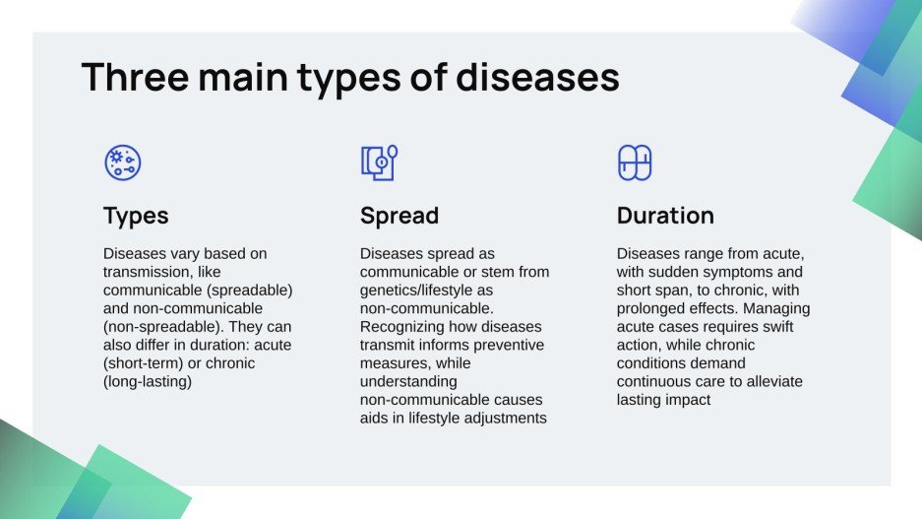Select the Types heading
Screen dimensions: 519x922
tap(136, 216)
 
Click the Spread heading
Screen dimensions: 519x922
tap(399, 216)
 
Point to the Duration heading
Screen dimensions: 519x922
tap(665, 216)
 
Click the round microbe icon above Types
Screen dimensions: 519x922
tap(123, 162)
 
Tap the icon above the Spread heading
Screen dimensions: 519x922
tap(379, 162)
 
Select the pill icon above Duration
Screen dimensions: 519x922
tap(635, 162)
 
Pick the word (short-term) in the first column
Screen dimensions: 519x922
tap(143, 363)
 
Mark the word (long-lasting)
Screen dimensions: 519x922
tap(148, 381)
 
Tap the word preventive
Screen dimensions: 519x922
tap(508, 345)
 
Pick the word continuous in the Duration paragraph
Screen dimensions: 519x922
tap(657, 381)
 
